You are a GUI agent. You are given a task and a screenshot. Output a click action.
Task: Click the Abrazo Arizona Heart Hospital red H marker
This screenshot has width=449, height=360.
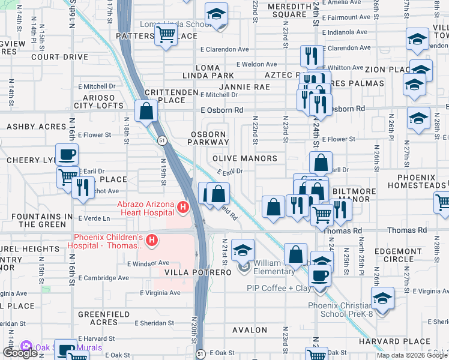tap(183, 209)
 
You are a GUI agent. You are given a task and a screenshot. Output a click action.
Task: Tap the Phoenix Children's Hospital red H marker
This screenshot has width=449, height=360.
tap(152, 241)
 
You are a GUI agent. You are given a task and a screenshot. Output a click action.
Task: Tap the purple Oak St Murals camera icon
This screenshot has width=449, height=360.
tap(25, 347)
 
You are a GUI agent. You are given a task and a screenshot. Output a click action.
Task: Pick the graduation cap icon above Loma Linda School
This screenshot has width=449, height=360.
tap(216, 14)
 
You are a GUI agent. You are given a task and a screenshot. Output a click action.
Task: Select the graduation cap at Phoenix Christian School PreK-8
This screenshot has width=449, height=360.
tap(382, 298)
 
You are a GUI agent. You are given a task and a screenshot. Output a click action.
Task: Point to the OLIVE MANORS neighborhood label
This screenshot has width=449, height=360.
tap(245, 159)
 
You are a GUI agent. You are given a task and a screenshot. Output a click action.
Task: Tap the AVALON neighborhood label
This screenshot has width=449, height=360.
tap(250, 330)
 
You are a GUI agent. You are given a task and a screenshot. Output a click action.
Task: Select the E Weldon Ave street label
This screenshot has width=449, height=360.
tap(256, 64)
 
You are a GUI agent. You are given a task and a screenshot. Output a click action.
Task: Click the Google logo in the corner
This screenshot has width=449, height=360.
tap(19, 353)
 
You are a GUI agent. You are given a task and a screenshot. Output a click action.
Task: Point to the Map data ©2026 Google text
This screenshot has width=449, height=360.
tap(411, 355)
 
